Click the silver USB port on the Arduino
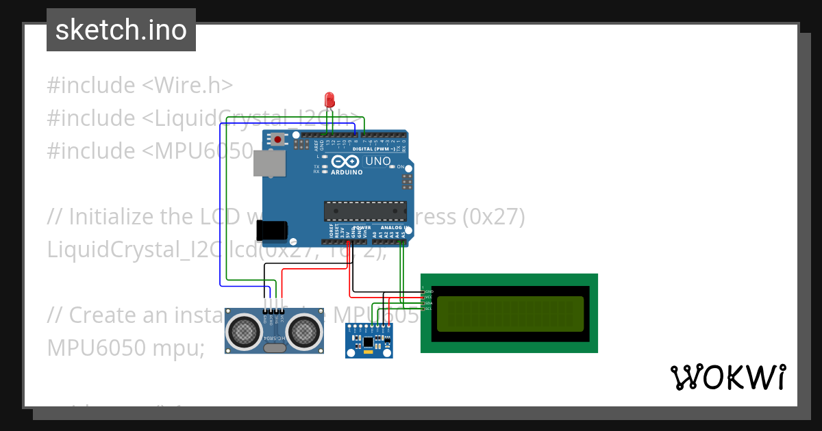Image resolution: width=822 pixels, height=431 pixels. coord(270,164)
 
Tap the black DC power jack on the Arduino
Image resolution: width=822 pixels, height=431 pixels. coord(273,231)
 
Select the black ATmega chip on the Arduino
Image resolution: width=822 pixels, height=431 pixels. coord(365,211)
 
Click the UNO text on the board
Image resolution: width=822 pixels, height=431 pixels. coord(378,162)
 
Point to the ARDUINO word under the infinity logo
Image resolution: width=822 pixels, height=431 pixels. coord(347,172)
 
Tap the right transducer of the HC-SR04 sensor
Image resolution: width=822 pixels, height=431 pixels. coord(304,332)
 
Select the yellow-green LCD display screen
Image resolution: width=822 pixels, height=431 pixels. coord(510,313)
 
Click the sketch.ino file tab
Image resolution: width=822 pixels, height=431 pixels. coord(121,30)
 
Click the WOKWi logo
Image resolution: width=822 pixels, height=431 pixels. coord(727,377)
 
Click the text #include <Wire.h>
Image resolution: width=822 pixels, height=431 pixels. coord(140,86)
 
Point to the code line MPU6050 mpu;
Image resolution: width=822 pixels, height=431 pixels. coord(126,348)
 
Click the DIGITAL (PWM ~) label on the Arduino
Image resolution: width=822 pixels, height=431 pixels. coord(375,148)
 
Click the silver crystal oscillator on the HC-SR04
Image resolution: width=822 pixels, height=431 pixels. coord(274,348)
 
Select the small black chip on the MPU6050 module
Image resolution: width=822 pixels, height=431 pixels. coord(369,341)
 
